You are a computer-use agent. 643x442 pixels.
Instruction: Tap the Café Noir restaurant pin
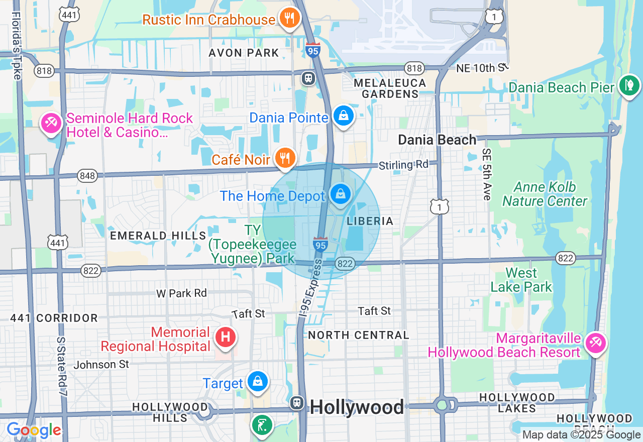(x=285, y=158)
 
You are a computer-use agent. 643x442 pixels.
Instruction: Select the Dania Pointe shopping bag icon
(x=344, y=116)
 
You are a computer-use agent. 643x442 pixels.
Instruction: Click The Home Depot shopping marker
(x=341, y=194)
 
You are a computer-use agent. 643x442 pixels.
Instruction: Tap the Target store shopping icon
(x=258, y=382)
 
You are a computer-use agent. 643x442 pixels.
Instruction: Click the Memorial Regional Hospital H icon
(x=226, y=337)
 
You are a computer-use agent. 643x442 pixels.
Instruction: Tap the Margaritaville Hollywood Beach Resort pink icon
(x=596, y=344)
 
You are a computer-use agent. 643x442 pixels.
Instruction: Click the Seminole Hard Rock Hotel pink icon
(x=51, y=123)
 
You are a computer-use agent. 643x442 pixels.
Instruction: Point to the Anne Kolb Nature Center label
(x=545, y=194)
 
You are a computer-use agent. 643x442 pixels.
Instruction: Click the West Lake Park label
(x=521, y=280)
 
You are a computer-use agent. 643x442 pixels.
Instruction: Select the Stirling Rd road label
(x=403, y=165)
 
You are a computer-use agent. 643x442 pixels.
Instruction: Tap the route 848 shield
(x=87, y=175)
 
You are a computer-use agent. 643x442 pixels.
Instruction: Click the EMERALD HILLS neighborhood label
(x=158, y=236)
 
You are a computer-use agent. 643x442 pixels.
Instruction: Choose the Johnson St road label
(x=101, y=364)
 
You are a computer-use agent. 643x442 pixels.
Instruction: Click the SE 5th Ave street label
(x=486, y=174)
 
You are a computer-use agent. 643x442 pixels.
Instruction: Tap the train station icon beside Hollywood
(x=297, y=403)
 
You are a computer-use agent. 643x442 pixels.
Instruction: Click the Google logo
(x=34, y=430)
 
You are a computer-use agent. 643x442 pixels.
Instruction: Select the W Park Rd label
(x=181, y=293)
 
